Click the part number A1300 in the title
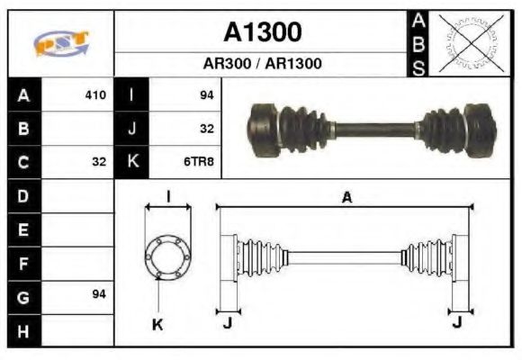[x=262, y=33]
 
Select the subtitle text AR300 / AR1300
[x=262, y=64]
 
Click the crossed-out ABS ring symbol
[x=466, y=43]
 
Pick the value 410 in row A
[x=95, y=94]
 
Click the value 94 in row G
[x=99, y=294]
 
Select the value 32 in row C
[x=99, y=162]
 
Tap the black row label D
[x=23, y=195]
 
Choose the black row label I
[x=131, y=94]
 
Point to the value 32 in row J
[x=206, y=129]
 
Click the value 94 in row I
[x=206, y=94]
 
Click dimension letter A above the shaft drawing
[x=346, y=198]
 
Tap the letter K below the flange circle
[x=157, y=324]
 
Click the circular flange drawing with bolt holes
[x=168, y=256]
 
